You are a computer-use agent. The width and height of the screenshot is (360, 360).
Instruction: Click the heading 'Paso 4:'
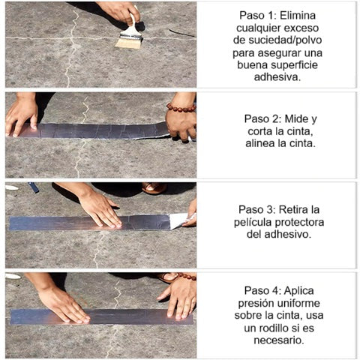tap(264, 289)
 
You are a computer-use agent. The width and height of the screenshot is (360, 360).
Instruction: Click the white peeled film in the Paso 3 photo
tap(178, 220)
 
